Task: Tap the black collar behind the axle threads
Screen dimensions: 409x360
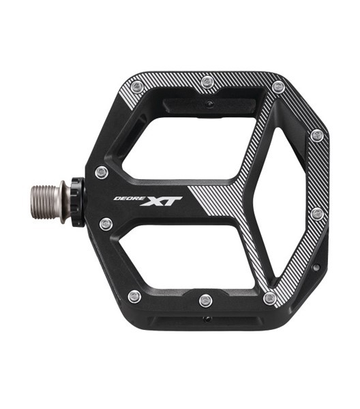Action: (76, 202)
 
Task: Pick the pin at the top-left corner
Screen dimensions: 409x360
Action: (137, 87)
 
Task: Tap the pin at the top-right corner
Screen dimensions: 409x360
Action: (277, 87)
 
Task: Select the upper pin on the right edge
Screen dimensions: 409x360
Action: (316, 136)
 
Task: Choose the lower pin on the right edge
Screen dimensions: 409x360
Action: (317, 214)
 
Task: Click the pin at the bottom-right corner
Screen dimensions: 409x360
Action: (270, 298)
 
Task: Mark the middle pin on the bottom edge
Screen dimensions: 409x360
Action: (205, 301)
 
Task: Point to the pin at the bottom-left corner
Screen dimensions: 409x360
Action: (134, 297)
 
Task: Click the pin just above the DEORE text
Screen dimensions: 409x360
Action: (102, 172)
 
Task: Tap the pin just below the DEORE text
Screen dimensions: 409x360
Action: (106, 224)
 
